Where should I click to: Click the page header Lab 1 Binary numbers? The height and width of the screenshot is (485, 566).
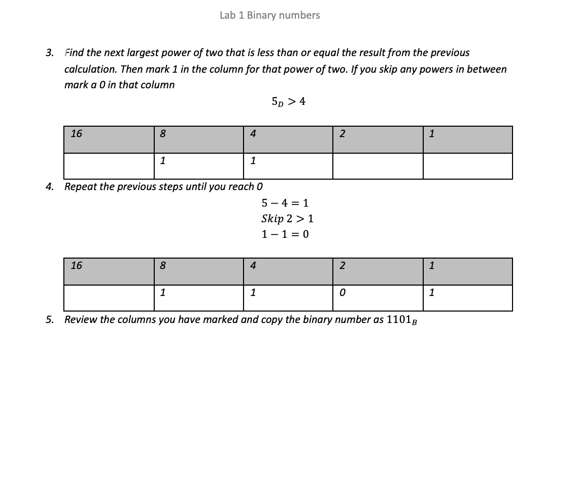pos(269,16)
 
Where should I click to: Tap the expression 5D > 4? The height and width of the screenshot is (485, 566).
pos(289,102)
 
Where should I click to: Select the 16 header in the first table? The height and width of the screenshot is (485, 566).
pos(76,133)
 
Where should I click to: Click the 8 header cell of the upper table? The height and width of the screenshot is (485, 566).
pos(163,134)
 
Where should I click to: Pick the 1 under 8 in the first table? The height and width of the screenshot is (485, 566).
pos(163,161)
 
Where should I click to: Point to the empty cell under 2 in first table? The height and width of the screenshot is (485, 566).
pos(378,166)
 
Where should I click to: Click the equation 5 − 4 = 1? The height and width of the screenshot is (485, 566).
pos(285,203)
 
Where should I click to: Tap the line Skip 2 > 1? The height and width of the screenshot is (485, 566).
pos(287,219)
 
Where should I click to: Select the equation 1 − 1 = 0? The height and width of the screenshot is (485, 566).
pos(285,234)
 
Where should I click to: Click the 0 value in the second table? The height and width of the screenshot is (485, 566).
pos(342,293)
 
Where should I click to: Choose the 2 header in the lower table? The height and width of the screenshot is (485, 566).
pos(342,266)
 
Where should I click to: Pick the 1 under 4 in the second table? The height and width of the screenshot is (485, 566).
pos(252,293)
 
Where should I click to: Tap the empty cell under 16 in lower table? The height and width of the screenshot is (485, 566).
pos(109,298)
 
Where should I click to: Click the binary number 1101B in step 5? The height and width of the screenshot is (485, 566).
pos(402,320)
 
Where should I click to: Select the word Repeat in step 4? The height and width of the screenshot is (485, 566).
pos(80,186)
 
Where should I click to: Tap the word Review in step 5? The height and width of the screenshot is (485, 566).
pos(80,319)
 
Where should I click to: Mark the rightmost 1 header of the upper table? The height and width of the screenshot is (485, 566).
pos(432,134)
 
